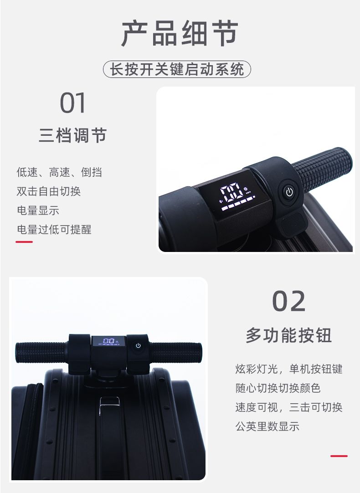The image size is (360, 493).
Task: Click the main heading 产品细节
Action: click(180, 33)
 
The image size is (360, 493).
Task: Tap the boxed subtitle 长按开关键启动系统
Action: click(177, 69)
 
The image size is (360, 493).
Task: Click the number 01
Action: click(72, 103)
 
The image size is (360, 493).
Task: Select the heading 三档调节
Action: click(72, 135)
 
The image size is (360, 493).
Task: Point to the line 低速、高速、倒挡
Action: click(59, 172)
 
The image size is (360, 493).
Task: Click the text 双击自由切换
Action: click(49, 191)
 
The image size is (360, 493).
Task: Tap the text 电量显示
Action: click(38, 211)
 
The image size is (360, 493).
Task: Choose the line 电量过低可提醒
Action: click(54, 230)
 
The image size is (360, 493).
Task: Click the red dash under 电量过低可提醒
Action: click(24, 242)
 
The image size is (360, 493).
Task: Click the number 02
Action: click(288, 301)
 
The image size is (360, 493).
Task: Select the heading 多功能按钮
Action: click(288, 335)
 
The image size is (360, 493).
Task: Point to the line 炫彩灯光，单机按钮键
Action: click(289, 369)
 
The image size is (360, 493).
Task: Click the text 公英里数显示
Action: click(267, 426)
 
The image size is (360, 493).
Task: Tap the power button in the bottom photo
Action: click(138, 345)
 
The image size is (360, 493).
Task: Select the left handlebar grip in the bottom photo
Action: click(42, 353)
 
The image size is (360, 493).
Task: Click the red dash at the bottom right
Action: click(339, 456)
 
